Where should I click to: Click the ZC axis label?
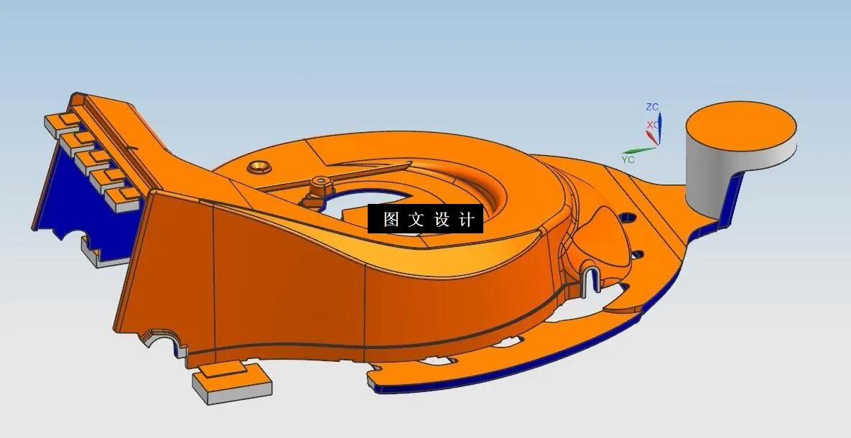tap(651, 107)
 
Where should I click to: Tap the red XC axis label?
tap(652, 125)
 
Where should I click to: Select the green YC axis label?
tap(628, 159)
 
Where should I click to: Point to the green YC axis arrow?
tap(639, 151)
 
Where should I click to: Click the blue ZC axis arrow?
tap(660, 127)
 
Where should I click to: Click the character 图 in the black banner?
tap(391, 220)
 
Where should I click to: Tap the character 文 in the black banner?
tap(416, 220)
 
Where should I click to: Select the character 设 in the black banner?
tap(442, 220)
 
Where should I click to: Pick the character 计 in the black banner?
tap(467, 220)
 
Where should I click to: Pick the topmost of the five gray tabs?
tap(57, 123)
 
